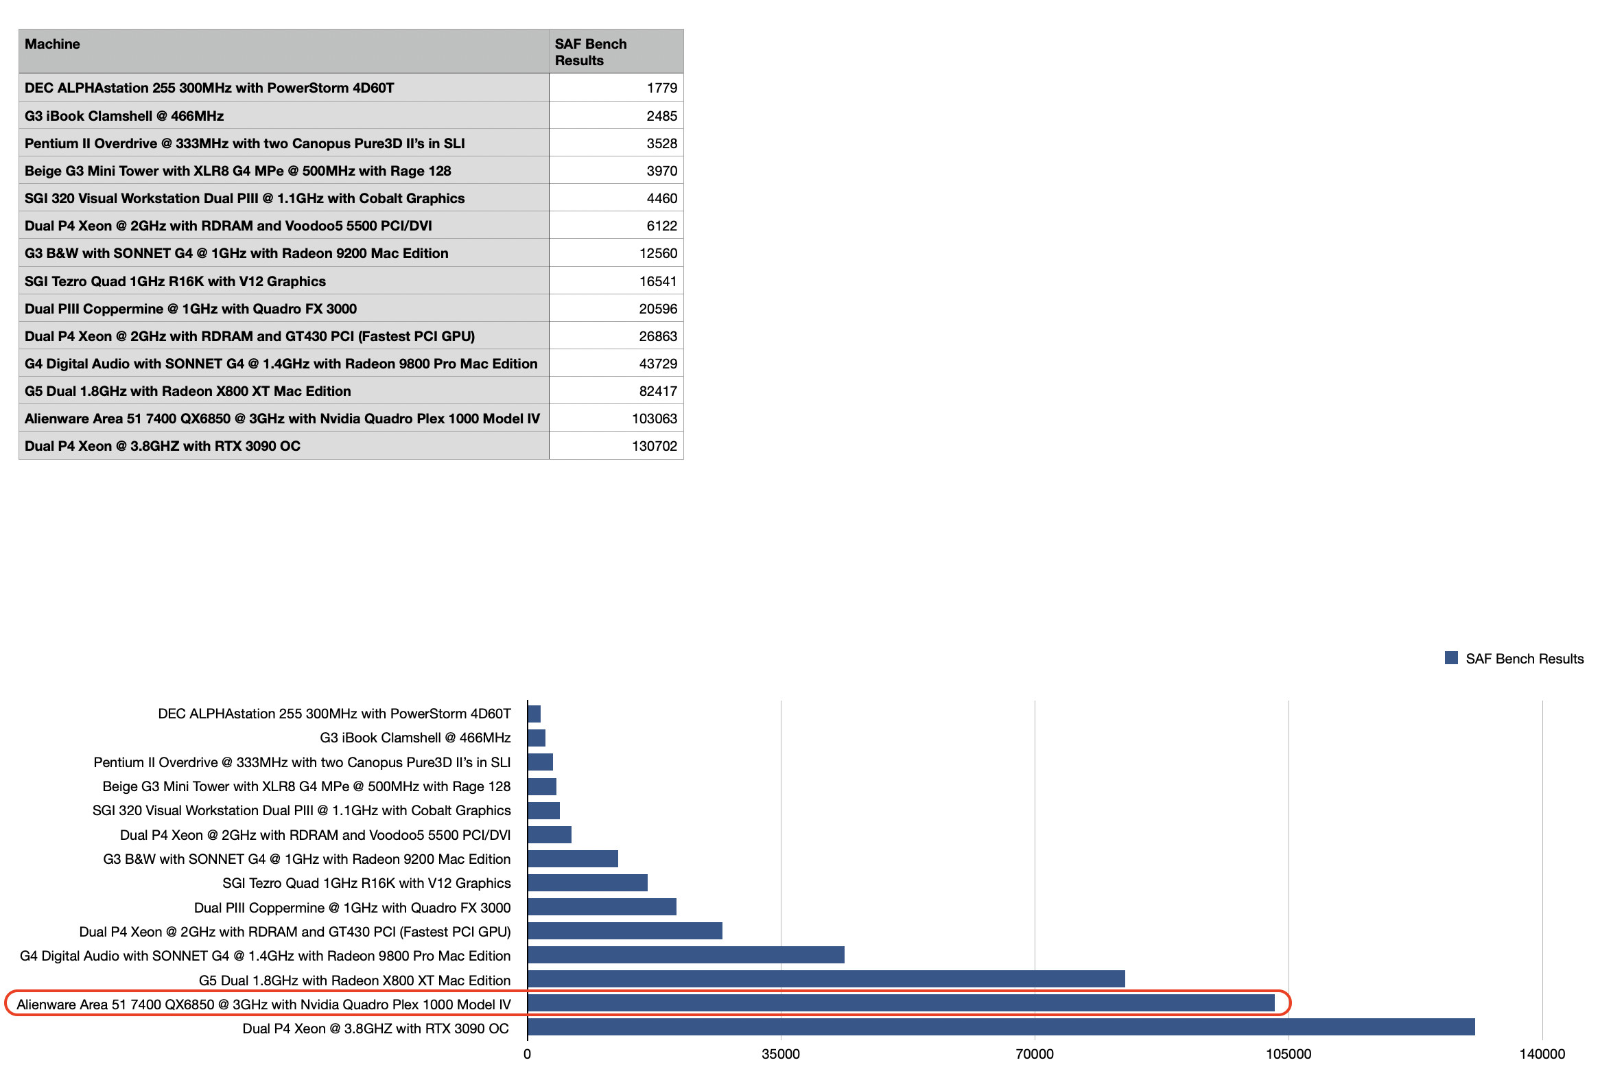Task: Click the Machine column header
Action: click(x=52, y=44)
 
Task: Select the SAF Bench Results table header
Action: click(x=590, y=52)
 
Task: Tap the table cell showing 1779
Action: click(x=661, y=88)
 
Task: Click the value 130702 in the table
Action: click(x=653, y=446)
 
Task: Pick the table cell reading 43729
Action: click(x=657, y=364)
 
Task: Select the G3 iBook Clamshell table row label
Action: click(x=124, y=116)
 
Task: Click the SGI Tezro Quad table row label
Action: click(x=175, y=281)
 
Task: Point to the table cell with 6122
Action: click(x=661, y=226)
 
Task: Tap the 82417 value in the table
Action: click(x=657, y=391)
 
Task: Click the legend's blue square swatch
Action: click(x=1450, y=658)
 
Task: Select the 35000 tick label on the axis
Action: click(x=781, y=1054)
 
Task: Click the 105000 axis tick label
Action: click(x=1288, y=1054)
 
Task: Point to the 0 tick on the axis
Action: click(x=527, y=1054)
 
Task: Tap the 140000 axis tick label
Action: click(x=1542, y=1054)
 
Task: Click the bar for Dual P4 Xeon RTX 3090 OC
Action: click(x=1000, y=1027)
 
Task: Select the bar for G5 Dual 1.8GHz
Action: click(x=825, y=979)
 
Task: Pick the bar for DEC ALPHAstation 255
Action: click(x=534, y=714)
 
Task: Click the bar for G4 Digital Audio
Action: click(x=685, y=954)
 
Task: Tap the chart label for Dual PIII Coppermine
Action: click(x=352, y=907)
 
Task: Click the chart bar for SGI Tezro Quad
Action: click(x=587, y=882)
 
